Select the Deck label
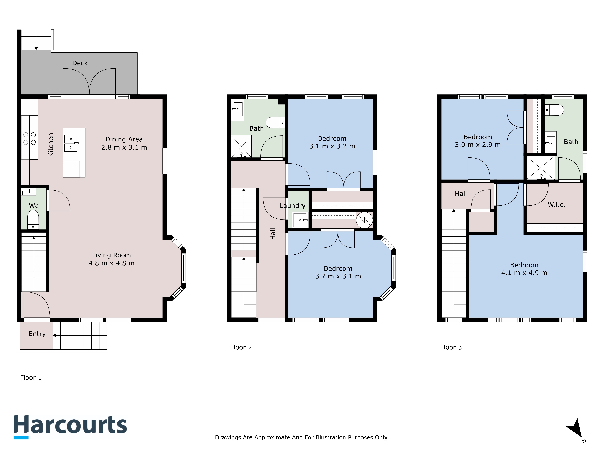[80, 63]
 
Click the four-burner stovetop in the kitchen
[29, 138]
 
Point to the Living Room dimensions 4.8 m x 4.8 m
[111, 263]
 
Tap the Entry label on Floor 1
[37, 334]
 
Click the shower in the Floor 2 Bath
[242, 147]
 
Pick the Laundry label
[292, 206]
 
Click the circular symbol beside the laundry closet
[364, 220]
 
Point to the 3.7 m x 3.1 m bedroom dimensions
[338, 276]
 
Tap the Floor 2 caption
[241, 347]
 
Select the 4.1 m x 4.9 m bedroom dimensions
[524, 273]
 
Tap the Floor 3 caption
[451, 347]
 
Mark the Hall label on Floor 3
[461, 194]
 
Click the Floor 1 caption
[31, 378]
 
